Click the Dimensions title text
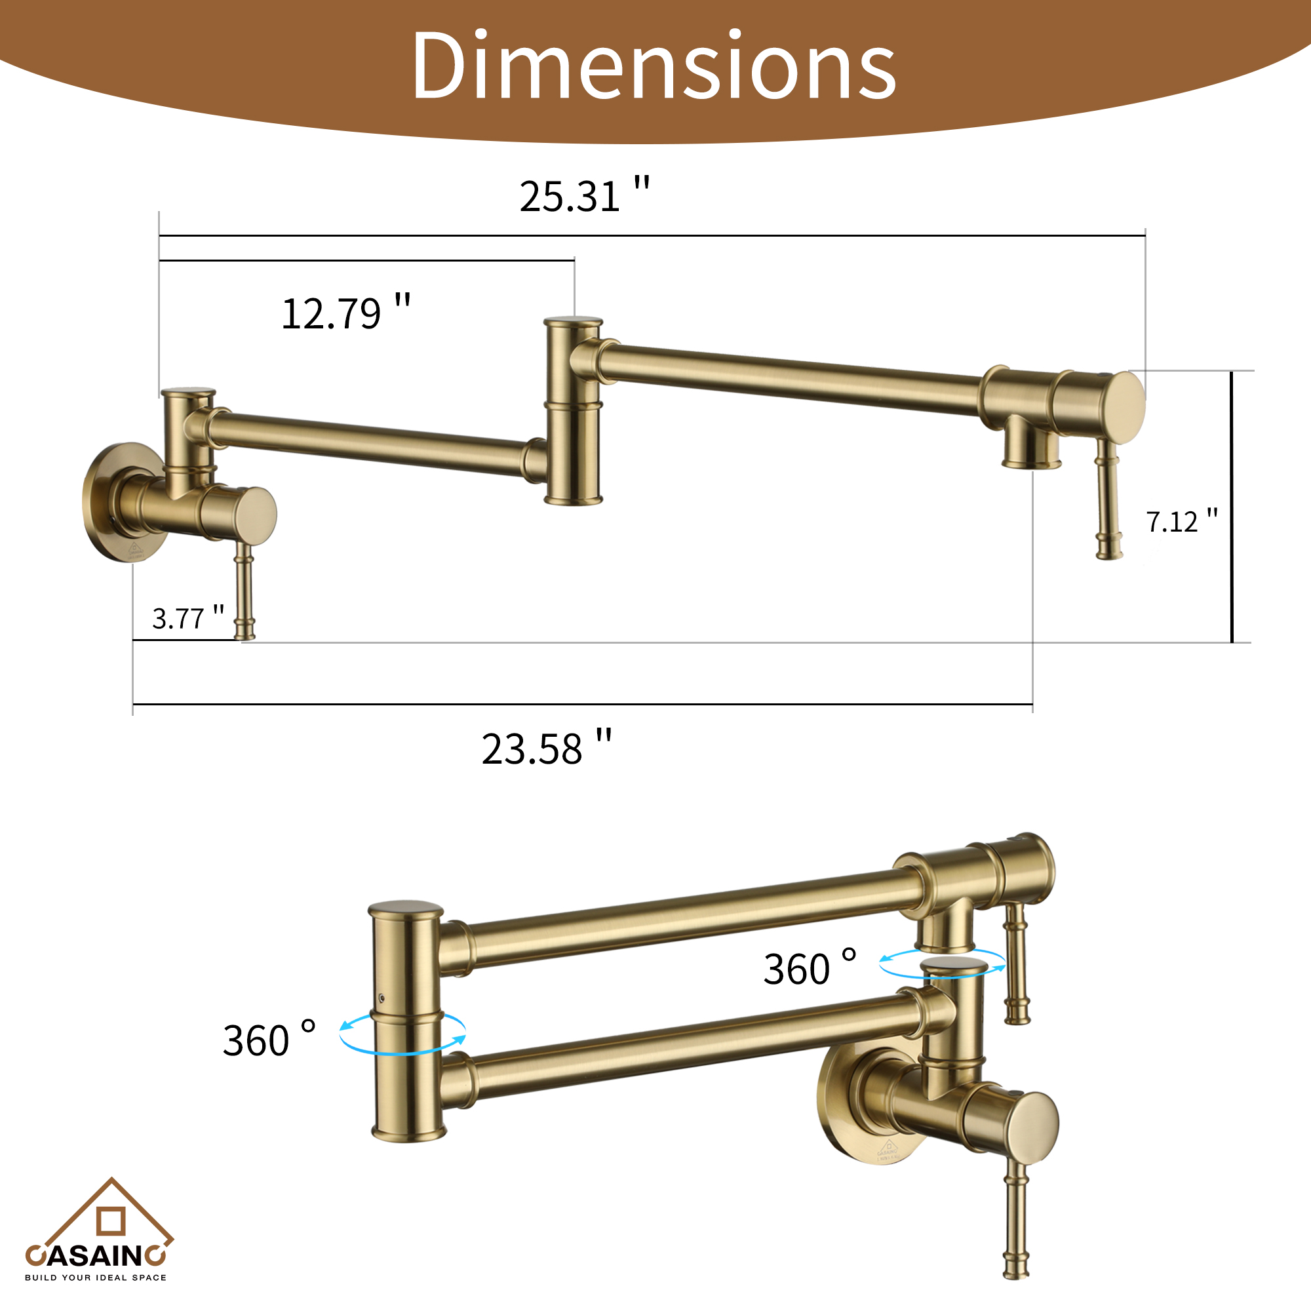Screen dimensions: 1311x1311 pos(654,66)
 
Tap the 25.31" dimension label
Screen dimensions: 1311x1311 pos(583,196)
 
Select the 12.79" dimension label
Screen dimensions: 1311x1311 pos(345,313)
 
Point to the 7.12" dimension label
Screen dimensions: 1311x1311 pos(1181,521)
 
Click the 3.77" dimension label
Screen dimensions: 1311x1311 pos(187,617)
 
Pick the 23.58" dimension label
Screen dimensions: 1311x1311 pos(546,749)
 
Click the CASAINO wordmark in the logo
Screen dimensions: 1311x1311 pos(95,1256)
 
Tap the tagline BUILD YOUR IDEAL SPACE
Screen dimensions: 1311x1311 pos(96,1278)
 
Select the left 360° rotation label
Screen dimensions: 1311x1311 pos(269,1040)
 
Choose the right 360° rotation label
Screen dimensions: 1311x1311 pos(810,968)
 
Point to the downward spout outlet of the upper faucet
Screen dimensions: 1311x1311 pos(1030,444)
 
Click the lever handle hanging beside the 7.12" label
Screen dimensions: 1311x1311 pos(1108,502)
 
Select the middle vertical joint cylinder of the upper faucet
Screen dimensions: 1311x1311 pos(574,410)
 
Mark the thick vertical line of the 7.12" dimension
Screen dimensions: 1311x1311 pos(1232,506)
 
